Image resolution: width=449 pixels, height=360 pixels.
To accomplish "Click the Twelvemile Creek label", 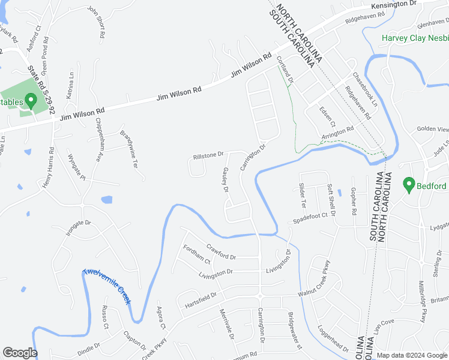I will tap(107, 286).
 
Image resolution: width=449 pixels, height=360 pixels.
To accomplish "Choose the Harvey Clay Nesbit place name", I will tap(416, 38).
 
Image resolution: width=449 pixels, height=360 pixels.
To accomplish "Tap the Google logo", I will tap(20, 353).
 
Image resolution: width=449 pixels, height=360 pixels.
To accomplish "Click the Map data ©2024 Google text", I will tap(411, 355).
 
